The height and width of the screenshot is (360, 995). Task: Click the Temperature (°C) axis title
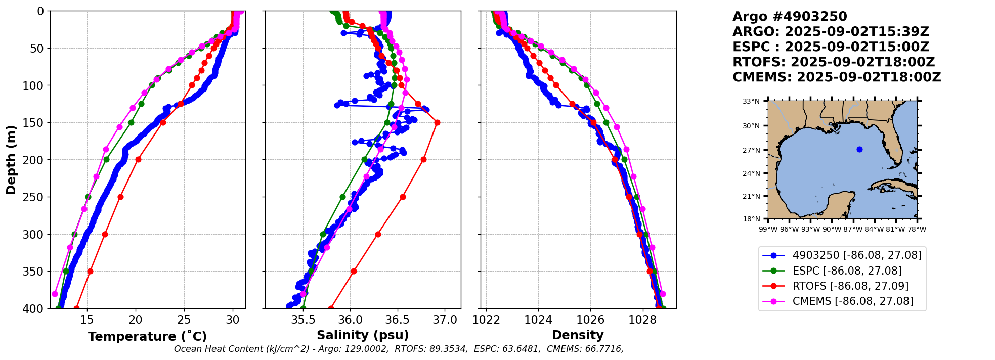[147, 337]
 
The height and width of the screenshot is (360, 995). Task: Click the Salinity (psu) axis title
[363, 335]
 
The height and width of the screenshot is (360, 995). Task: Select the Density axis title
[578, 335]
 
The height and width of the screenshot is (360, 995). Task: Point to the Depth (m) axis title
[11, 160]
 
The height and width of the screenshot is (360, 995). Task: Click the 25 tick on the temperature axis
[184, 320]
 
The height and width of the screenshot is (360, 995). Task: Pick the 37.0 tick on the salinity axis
[445, 320]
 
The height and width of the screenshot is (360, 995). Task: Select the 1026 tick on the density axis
[590, 320]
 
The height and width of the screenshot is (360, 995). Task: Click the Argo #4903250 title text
[783, 17]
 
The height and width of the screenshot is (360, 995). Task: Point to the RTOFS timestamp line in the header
[834, 62]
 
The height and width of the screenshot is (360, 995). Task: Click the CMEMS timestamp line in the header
[837, 77]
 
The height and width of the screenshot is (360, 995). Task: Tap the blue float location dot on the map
[859, 149]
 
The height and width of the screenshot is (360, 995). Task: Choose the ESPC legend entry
[847, 271]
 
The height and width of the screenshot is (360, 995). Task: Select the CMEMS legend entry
[852, 301]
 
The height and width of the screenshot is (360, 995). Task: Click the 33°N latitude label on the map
[751, 101]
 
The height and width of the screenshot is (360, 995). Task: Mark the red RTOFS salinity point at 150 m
[437, 122]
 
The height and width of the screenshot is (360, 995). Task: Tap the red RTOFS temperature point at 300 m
[105, 234]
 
